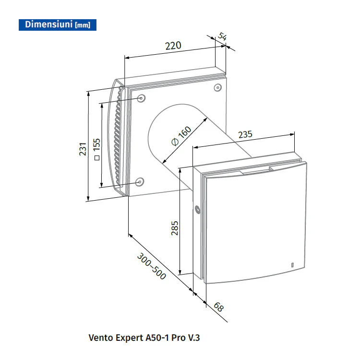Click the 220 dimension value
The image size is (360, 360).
pyautogui.click(x=173, y=46)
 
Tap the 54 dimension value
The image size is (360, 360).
pyautogui.click(x=222, y=36)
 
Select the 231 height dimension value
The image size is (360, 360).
pyautogui.click(x=83, y=149)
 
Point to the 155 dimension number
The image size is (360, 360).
pyautogui.click(x=97, y=144)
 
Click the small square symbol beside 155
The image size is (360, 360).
pyautogui.click(x=97, y=158)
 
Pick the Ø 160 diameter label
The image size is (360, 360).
pyautogui.click(x=181, y=136)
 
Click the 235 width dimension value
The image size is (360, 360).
pyautogui.click(x=245, y=134)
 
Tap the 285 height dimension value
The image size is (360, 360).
pyautogui.click(x=175, y=228)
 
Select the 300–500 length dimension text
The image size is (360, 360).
pyautogui.click(x=152, y=266)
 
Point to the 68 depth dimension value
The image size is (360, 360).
pyautogui.click(x=218, y=307)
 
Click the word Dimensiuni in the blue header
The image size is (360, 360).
pyautogui.click(x=48, y=24)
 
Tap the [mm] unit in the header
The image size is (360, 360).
pyautogui.click(x=83, y=25)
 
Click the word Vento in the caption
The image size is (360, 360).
pyautogui.click(x=100, y=338)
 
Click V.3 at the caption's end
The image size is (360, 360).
pyautogui.click(x=194, y=338)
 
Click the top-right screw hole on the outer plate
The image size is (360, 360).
pyautogui.click(x=217, y=87)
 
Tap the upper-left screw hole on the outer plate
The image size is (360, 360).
pyautogui.click(x=141, y=98)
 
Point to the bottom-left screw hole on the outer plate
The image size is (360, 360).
pyautogui.click(x=139, y=182)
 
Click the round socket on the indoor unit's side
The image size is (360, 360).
pyautogui.click(x=197, y=210)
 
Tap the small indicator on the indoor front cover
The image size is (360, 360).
pyautogui.click(x=292, y=264)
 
